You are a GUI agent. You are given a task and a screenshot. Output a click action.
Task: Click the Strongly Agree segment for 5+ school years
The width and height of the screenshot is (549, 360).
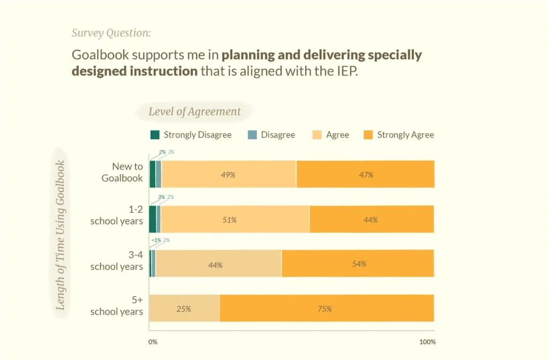(x=327, y=308)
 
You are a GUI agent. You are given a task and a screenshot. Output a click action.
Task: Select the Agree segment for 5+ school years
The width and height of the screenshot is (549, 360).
(x=184, y=308)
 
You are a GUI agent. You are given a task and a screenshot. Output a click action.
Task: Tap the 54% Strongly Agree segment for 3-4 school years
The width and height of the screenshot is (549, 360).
(x=358, y=264)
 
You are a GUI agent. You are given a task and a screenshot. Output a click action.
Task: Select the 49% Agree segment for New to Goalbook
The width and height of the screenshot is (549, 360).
(x=229, y=175)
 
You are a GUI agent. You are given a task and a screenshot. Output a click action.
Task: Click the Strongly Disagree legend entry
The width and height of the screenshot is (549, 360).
(x=191, y=135)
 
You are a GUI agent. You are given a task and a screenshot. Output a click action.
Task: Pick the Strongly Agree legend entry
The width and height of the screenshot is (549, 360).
(x=399, y=135)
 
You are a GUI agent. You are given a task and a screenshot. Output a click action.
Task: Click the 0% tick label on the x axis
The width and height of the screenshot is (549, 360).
(x=153, y=342)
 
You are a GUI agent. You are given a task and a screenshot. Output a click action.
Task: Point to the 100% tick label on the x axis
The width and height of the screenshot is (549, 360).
(x=427, y=342)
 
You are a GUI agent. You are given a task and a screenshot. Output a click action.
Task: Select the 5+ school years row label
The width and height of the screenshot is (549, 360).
(x=117, y=306)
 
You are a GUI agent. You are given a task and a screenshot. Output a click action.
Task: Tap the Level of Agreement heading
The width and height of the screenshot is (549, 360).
(x=195, y=112)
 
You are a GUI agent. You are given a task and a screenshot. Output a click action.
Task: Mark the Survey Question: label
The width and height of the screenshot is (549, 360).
(x=111, y=33)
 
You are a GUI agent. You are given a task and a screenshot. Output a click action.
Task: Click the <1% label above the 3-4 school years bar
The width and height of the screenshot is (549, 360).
(x=156, y=241)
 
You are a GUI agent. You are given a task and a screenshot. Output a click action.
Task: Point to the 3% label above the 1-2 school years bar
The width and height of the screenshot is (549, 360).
(x=161, y=197)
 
